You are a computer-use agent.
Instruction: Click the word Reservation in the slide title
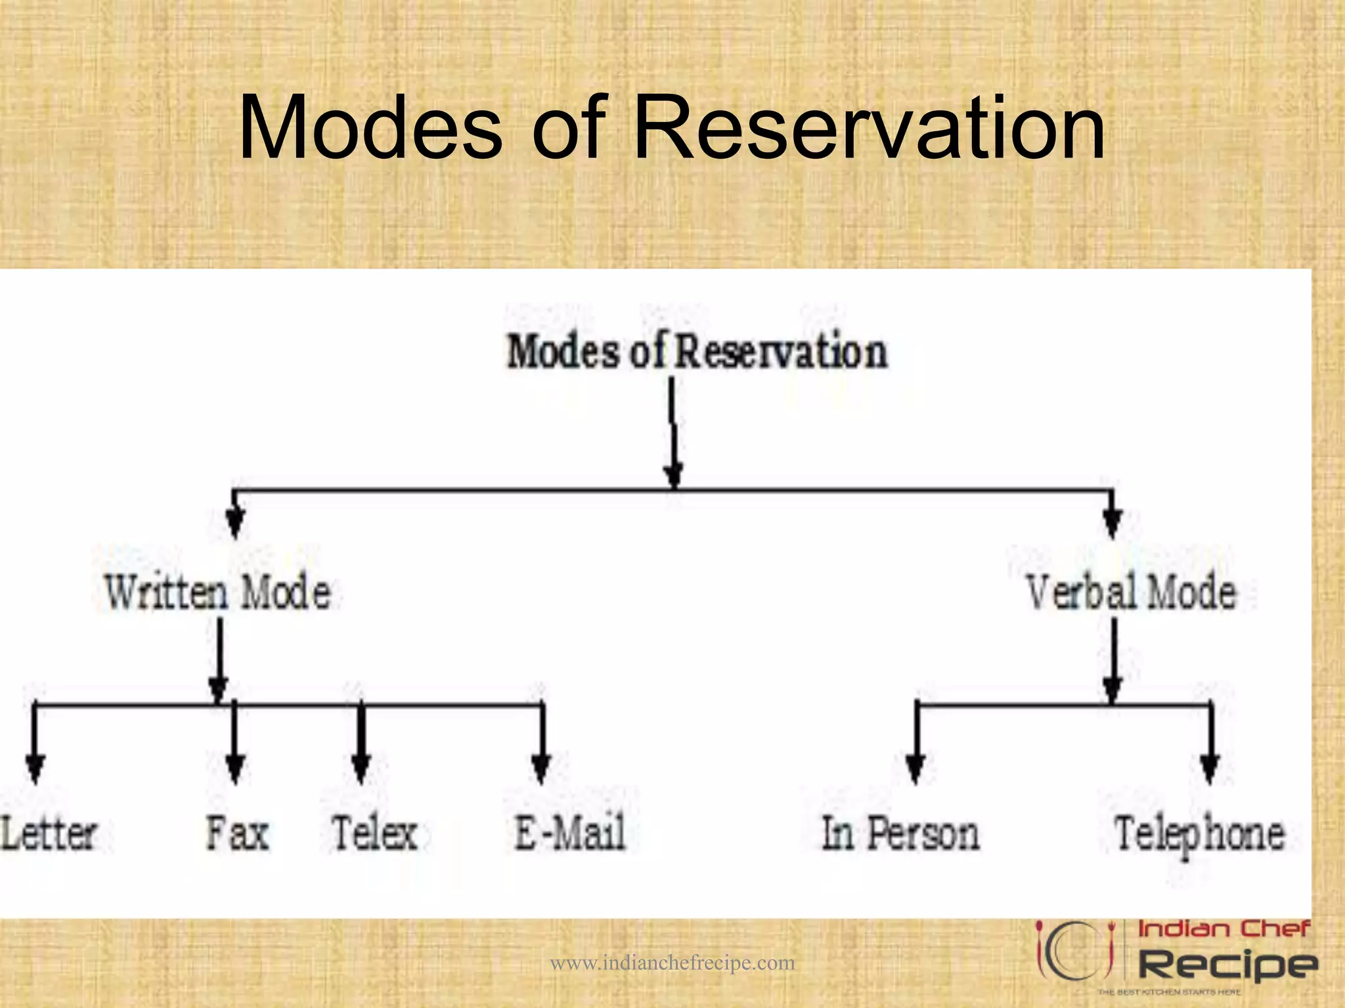click(x=868, y=128)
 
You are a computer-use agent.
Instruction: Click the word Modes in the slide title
click(x=370, y=128)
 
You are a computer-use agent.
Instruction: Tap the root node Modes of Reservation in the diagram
click(x=697, y=352)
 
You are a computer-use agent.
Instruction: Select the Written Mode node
click(x=217, y=592)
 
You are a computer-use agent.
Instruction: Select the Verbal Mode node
click(x=1131, y=592)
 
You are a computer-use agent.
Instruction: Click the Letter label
click(x=49, y=834)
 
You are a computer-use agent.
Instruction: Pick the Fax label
click(x=237, y=833)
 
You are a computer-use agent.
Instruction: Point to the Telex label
click(x=374, y=833)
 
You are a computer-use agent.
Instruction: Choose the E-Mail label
click(x=569, y=833)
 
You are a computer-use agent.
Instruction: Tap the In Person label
click(x=900, y=834)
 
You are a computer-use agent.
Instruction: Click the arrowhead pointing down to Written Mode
click(x=235, y=523)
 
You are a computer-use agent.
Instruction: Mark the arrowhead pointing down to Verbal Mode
click(x=1112, y=523)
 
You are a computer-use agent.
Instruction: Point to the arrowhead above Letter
click(x=35, y=766)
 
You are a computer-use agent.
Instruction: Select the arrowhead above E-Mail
click(x=541, y=766)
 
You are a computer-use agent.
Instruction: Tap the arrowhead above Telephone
click(x=1210, y=766)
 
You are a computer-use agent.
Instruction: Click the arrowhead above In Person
click(x=915, y=766)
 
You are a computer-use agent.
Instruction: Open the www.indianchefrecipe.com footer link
click(x=672, y=963)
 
